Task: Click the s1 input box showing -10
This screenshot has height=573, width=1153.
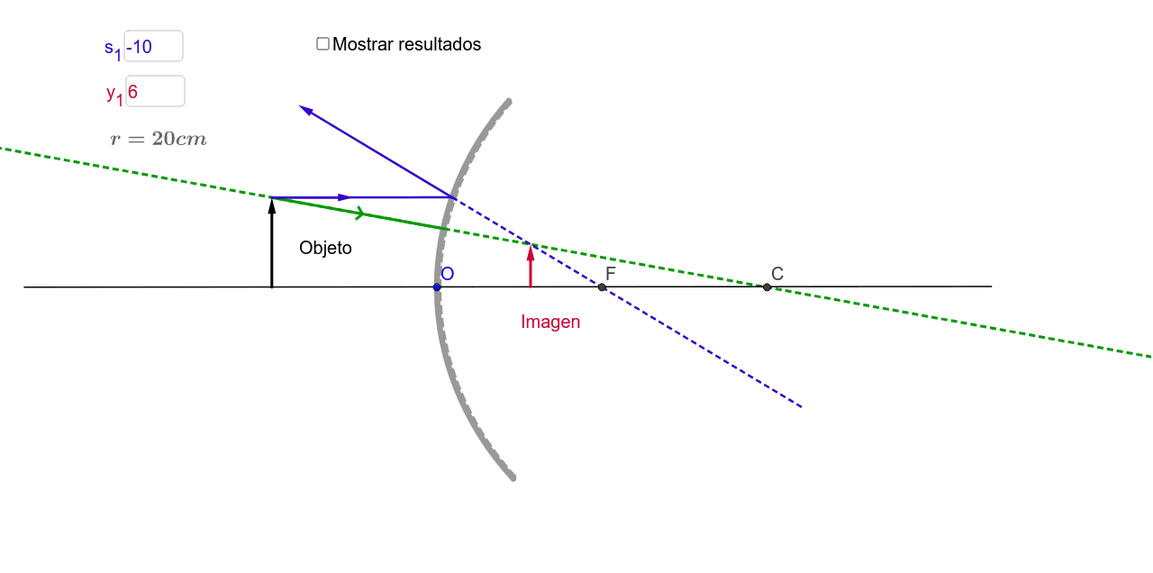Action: tap(153, 46)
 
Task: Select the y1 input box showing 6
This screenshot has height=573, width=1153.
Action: tap(155, 91)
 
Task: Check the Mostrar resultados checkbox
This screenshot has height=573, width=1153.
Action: tap(322, 43)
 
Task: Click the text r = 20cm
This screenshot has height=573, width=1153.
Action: tap(159, 139)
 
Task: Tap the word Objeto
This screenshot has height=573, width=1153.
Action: tap(325, 248)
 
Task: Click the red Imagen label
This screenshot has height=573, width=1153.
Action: tap(550, 322)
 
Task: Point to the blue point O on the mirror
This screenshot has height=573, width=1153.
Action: tap(437, 287)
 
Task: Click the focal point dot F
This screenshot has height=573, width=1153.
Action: tap(602, 287)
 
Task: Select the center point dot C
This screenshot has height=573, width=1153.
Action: tap(767, 287)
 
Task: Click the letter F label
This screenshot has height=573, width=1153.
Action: tap(611, 273)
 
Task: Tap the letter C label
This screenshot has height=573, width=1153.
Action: tap(776, 273)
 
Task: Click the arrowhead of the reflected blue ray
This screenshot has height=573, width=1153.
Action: tap(304, 109)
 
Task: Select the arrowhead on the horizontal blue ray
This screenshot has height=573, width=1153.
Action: tap(344, 197)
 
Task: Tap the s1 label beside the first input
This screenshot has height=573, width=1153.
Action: tap(112, 49)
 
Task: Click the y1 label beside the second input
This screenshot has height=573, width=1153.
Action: tap(113, 94)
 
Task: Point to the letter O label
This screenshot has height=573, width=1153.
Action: tap(448, 274)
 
